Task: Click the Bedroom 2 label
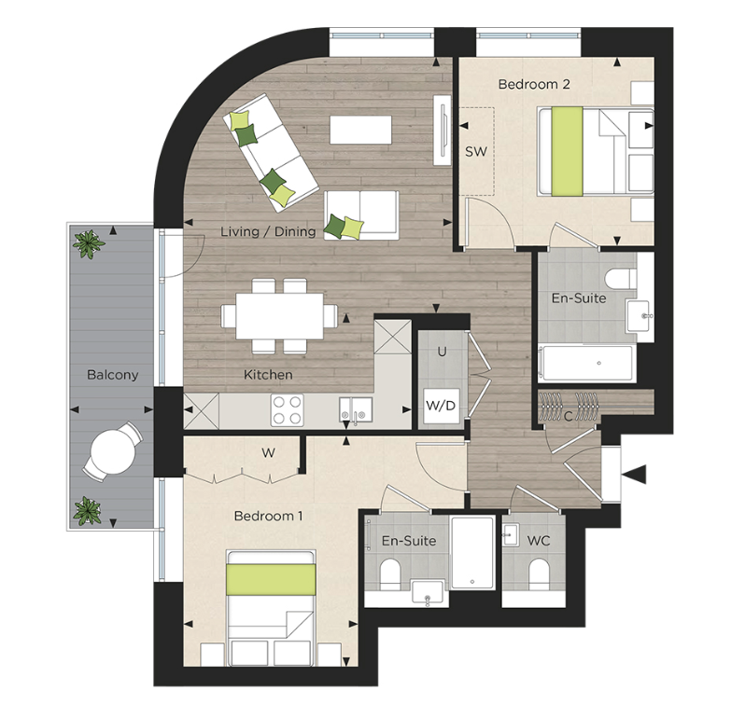[x=534, y=84]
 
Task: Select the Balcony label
[x=112, y=375]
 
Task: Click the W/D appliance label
[x=440, y=406]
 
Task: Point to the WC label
[x=539, y=541]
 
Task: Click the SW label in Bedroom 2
[x=476, y=151]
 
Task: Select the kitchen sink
[x=355, y=408]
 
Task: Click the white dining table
[x=280, y=316]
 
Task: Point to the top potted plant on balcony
[x=90, y=244]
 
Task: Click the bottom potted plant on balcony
[x=89, y=510]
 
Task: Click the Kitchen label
[x=268, y=375]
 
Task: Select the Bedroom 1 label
[x=269, y=516]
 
